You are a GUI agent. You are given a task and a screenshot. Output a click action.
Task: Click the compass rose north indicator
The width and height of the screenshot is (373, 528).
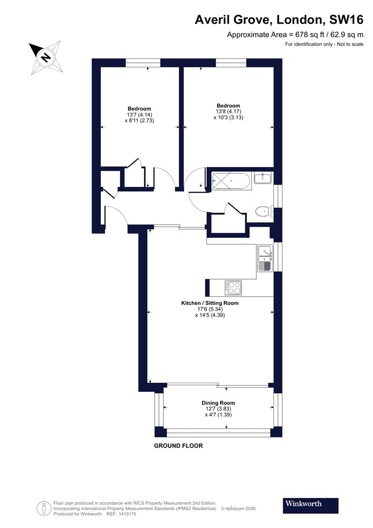point(45,56)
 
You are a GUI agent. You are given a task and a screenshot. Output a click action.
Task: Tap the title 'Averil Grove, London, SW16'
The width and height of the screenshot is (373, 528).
point(279,20)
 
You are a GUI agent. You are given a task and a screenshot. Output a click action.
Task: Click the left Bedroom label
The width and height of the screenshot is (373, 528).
point(139,109)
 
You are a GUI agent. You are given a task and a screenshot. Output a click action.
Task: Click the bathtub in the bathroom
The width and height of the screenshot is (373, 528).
point(231,181)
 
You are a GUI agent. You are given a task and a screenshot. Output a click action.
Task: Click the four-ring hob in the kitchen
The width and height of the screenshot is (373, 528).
point(233,287)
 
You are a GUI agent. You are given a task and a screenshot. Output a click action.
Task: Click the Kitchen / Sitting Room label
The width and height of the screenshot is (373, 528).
point(210,303)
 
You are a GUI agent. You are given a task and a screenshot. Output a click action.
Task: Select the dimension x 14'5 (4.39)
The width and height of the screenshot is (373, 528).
point(210,315)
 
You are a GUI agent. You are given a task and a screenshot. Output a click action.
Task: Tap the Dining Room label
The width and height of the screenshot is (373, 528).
point(218,403)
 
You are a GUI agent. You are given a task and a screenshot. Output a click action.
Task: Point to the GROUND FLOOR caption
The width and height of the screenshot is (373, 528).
point(178,446)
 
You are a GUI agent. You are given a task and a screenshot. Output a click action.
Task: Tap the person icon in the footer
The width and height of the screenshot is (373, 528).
point(44,507)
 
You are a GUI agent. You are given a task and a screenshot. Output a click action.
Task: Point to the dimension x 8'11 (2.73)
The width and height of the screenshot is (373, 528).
point(139,121)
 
